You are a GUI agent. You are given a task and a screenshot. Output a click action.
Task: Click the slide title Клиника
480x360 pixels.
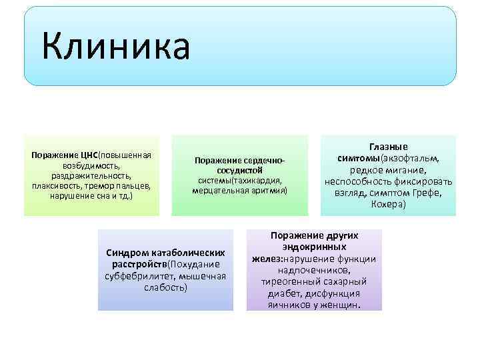pos(115,47)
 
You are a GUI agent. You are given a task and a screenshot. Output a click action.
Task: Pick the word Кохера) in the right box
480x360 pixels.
pos(388,204)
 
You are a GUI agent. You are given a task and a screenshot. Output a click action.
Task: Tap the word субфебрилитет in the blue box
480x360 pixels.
pos(136,276)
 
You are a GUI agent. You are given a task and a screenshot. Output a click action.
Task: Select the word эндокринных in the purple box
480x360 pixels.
pos(315,247)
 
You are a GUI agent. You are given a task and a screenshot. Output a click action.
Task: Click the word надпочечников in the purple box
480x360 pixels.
pos(314,270)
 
